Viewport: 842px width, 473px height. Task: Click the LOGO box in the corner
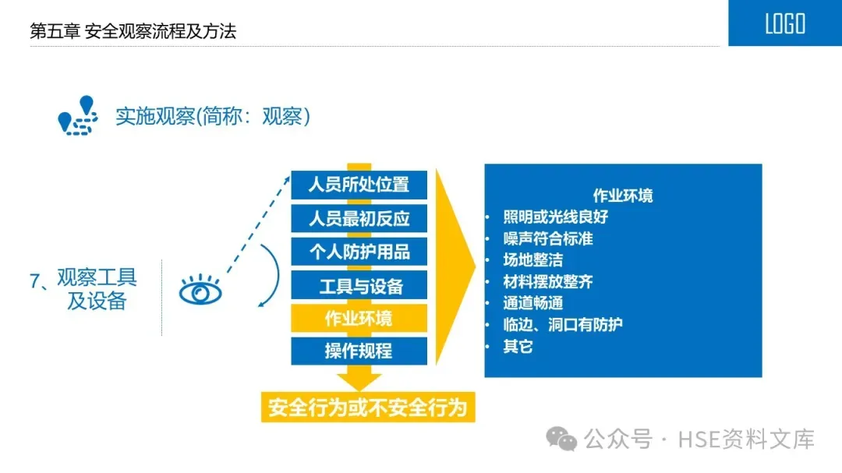click(x=784, y=23)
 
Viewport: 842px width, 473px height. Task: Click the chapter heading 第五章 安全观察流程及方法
click(x=133, y=31)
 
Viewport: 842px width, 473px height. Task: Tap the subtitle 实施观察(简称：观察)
click(x=213, y=117)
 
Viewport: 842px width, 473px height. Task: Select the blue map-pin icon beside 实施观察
click(x=78, y=115)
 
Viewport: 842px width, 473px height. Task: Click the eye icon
click(x=200, y=292)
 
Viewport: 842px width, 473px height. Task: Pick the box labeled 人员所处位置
click(x=359, y=185)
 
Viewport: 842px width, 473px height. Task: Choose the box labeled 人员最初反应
click(x=359, y=218)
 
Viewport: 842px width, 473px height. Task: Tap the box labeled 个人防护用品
click(x=359, y=252)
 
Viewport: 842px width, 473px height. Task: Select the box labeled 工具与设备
click(x=359, y=285)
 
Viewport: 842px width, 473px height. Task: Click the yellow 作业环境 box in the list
click(x=359, y=318)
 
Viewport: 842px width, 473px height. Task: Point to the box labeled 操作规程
click(x=359, y=351)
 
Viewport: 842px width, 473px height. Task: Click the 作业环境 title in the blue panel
click(x=623, y=196)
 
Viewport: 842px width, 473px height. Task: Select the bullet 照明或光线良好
click(x=555, y=217)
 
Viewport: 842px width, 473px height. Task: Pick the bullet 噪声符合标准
click(x=548, y=238)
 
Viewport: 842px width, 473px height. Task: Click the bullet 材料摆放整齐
click(x=548, y=281)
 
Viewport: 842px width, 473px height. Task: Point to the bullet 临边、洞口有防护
click(x=563, y=324)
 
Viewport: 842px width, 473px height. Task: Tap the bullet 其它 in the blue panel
click(x=518, y=346)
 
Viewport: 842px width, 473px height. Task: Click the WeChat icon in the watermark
click(x=562, y=439)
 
